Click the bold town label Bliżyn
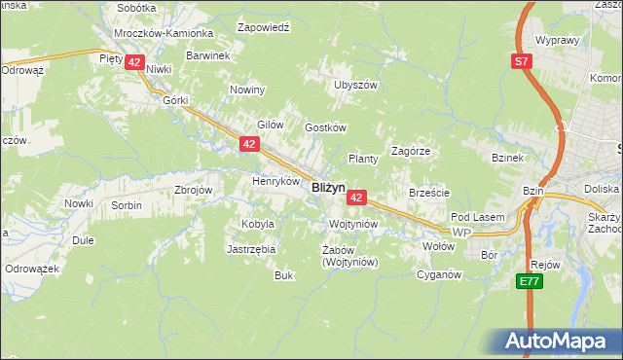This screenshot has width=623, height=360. pos(328,188)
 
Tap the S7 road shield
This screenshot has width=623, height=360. pos(523,61)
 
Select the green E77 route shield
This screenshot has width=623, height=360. pos(529,281)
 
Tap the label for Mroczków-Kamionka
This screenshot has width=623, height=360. pos(149,32)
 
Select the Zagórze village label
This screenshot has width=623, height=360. pos(411,152)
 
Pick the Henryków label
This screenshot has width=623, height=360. pos(275,181)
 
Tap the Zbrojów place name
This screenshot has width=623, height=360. pos(192,191)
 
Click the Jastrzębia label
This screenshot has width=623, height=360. pos(251,249)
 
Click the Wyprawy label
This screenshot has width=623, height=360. pos(557,42)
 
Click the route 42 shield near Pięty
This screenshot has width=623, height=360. pos(135,62)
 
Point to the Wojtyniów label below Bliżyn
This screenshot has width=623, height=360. pos(353,224)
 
